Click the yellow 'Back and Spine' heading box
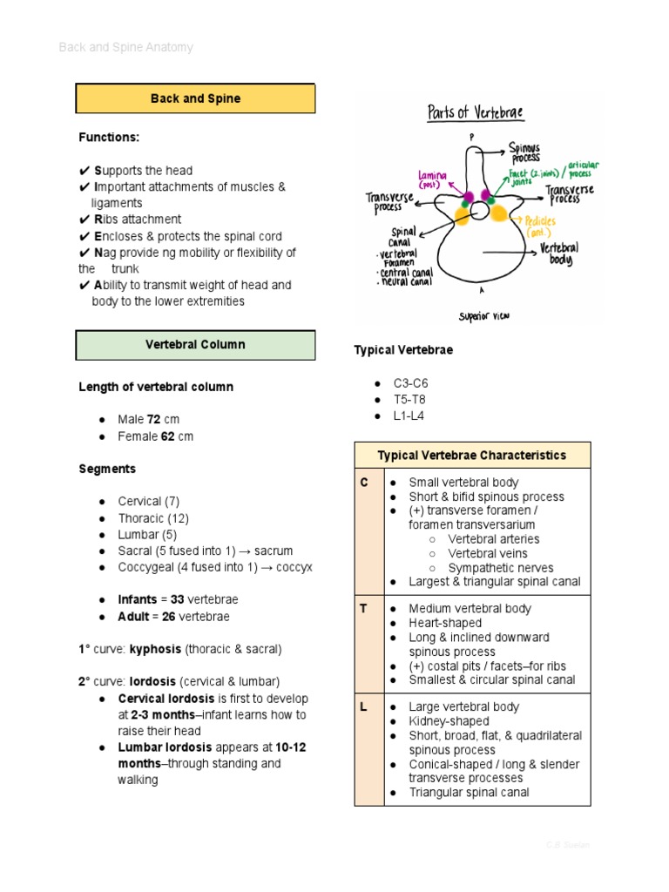click(x=195, y=98)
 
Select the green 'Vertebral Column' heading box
click(x=195, y=345)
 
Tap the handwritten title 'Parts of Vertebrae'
click(x=475, y=113)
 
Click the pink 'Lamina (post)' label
click(x=432, y=179)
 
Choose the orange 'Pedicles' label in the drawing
click(x=541, y=226)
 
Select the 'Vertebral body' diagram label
click(x=559, y=253)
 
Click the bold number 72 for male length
click(x=154, y=420)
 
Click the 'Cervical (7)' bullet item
click(x=153, y=502)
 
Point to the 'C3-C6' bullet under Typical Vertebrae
click(x=410, y=383)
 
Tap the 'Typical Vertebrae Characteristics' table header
click(x=471, y=456)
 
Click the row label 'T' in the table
click(x=364, y=609)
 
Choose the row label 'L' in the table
click(x=364, y=707)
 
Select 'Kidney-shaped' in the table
click(x=449, y=721)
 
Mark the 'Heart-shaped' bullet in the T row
click(x=445, y=623)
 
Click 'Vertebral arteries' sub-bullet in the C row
click(x=493, y=539)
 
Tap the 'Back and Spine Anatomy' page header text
click(x=125, y=47)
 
